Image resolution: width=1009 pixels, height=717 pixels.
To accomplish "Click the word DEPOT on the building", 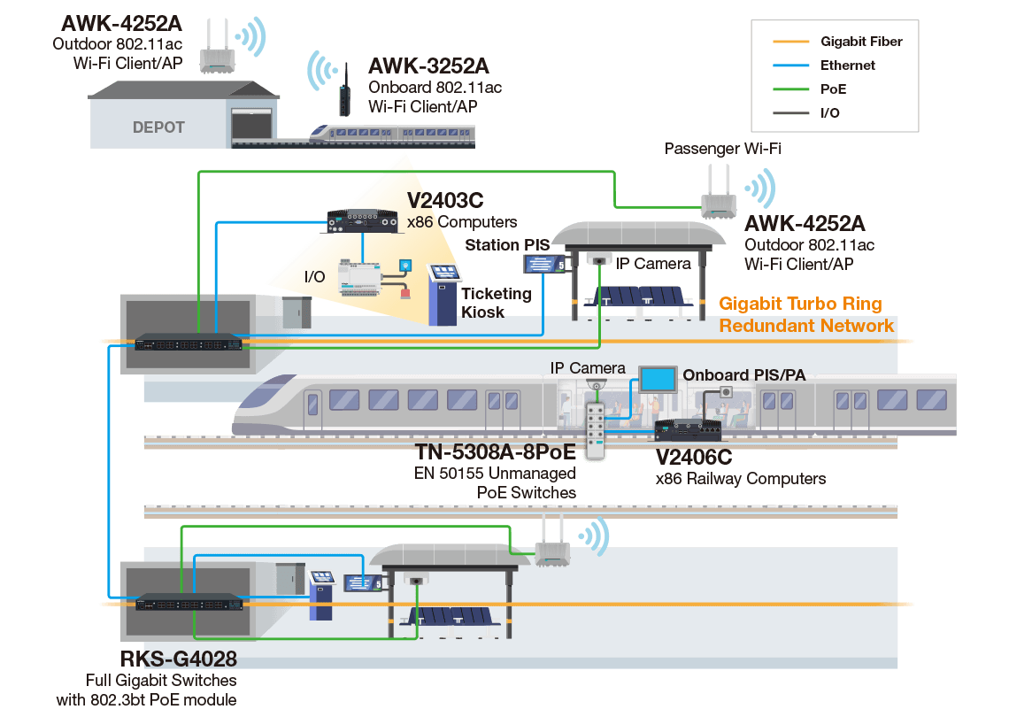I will pyautogui.click(x=158, y=127).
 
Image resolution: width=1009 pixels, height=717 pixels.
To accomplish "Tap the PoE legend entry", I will pyautogui.click(x=833, y=89).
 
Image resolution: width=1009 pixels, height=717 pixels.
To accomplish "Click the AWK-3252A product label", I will pyautogui.click(x=428, y=66).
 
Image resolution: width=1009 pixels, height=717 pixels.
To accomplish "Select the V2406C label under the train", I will pyautogui.click(x=694, y=458).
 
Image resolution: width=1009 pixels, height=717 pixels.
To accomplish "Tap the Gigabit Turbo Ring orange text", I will pyautogui.click(x=800, y=304).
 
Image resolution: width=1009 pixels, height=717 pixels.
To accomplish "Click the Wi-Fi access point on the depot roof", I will pyautogui.click(x=214, y=51).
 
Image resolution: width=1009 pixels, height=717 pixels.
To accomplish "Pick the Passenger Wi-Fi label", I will pyautogui.click(x=723, y=150).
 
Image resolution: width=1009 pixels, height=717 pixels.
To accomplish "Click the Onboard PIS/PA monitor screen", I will pyautogui.click(x=658, y=379).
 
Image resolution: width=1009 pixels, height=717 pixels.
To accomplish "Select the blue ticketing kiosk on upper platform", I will pyautogui.click(x=443, y=294).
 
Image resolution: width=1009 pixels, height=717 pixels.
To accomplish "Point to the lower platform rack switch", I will pyautogui.click(x=189, y=602).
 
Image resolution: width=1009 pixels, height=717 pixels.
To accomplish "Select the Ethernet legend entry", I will pyautogui.click(x=847, y=65).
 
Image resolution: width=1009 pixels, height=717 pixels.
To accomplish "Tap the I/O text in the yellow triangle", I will pyautogui.click(x=314, y=277).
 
